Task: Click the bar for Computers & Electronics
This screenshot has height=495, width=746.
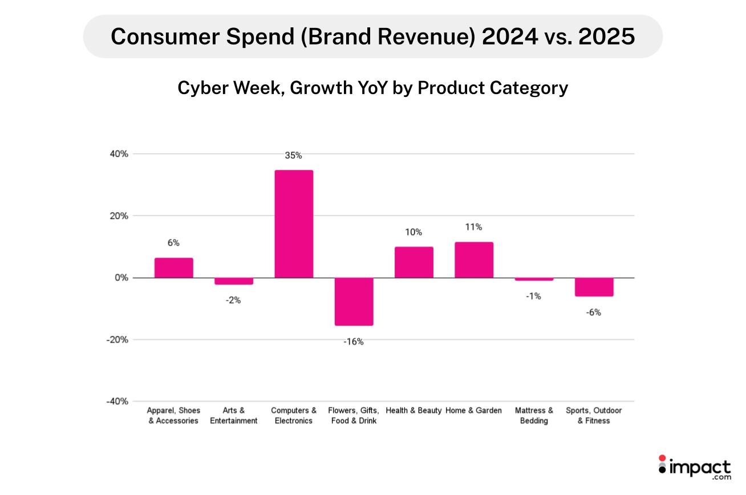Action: tap(294, 224)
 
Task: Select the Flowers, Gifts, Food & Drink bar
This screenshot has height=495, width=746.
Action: tap(354, 301)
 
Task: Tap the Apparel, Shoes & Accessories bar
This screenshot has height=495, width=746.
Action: tap(173, 267)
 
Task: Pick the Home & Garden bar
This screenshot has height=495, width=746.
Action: tap(473, 260)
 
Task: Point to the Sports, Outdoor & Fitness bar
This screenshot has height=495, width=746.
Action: tap(594, 287)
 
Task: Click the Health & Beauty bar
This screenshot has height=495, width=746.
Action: tap(413, 262)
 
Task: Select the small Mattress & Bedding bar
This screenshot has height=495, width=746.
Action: tap(534, 279)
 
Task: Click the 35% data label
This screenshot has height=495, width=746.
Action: tap(293, 155)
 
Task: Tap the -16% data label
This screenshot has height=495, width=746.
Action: tap(353, 342)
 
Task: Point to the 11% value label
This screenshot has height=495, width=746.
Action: tap(473, 227)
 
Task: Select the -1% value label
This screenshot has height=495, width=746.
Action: tap(533, 296)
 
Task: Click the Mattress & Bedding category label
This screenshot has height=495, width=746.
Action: tap(534, 415)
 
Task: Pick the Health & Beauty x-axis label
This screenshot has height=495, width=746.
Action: tap(413, 410)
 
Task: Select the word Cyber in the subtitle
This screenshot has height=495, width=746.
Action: tap(201, 88)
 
